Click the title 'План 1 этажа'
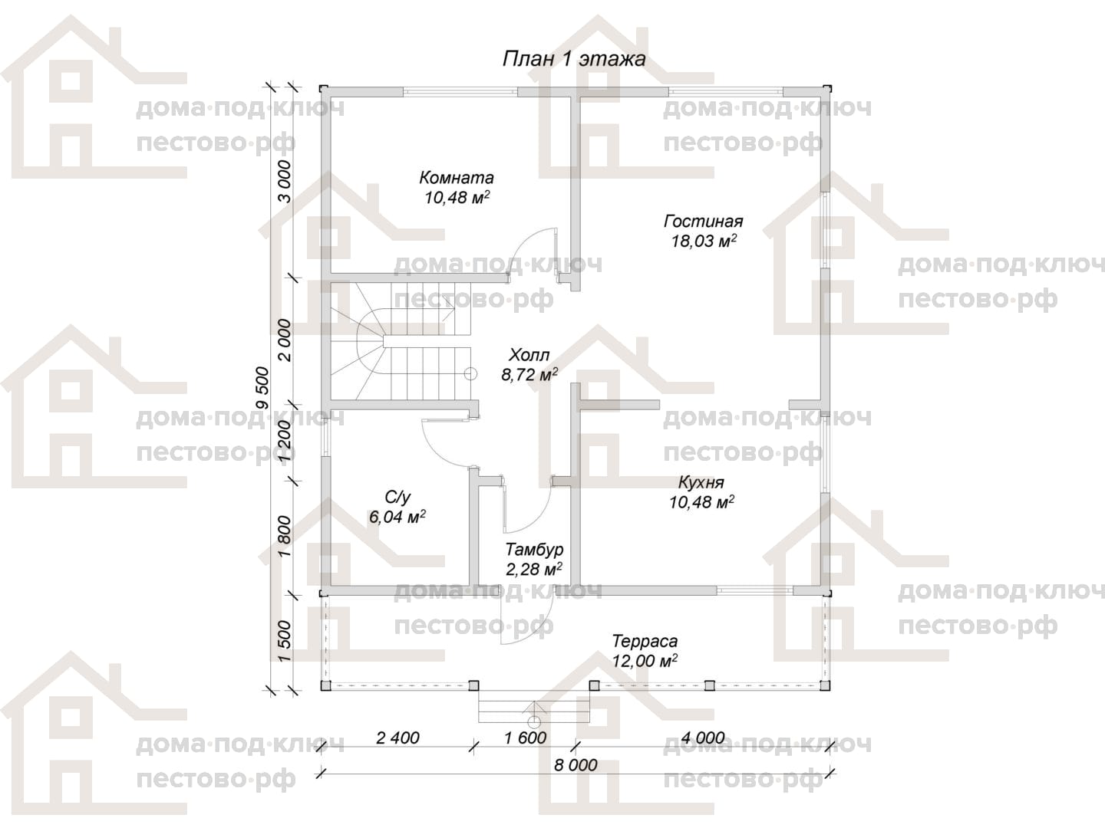click(574, 59)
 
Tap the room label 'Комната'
click(456, 177)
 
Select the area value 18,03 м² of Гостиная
click(704, 241)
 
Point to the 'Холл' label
click(529, 356)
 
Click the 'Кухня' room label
click(701, 482)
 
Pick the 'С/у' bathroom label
click(397, 498)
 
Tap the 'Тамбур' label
click(534, 549)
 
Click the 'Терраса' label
click(645, 641)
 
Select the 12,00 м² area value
click(645, 660)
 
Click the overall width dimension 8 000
click(576, 765)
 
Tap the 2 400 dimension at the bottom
click(397, 738)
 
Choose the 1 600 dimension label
click(525, 738)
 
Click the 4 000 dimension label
click(703, 738)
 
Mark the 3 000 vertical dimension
click(285, 181)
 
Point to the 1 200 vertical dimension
click(285, 441)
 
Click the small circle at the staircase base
click(470, 374)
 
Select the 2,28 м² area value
click(534, 569)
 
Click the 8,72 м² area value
click(529, 375)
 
